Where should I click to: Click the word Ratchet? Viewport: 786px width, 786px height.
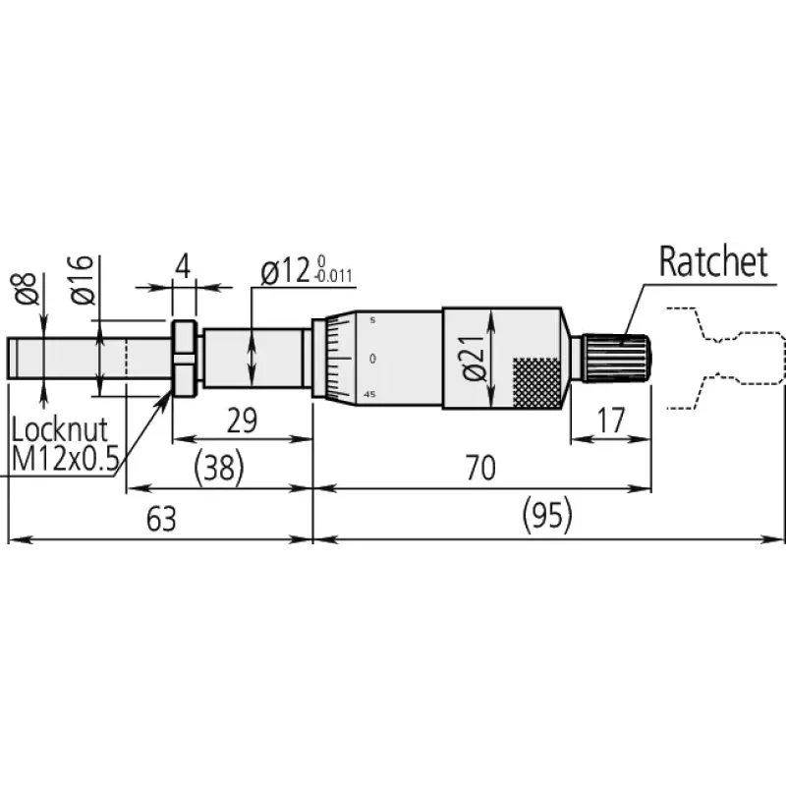point(713,261)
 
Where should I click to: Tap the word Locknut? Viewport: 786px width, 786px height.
point(60,429)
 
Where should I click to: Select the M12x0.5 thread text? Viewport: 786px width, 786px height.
point(65,458)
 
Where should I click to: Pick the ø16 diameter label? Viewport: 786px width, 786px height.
point(82,280)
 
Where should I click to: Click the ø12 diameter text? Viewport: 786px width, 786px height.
point(285,272)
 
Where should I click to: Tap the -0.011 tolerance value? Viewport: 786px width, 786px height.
point(334,277)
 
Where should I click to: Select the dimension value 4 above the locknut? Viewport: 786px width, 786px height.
point(183,266)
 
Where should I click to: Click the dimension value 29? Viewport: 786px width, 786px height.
point(242,421)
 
